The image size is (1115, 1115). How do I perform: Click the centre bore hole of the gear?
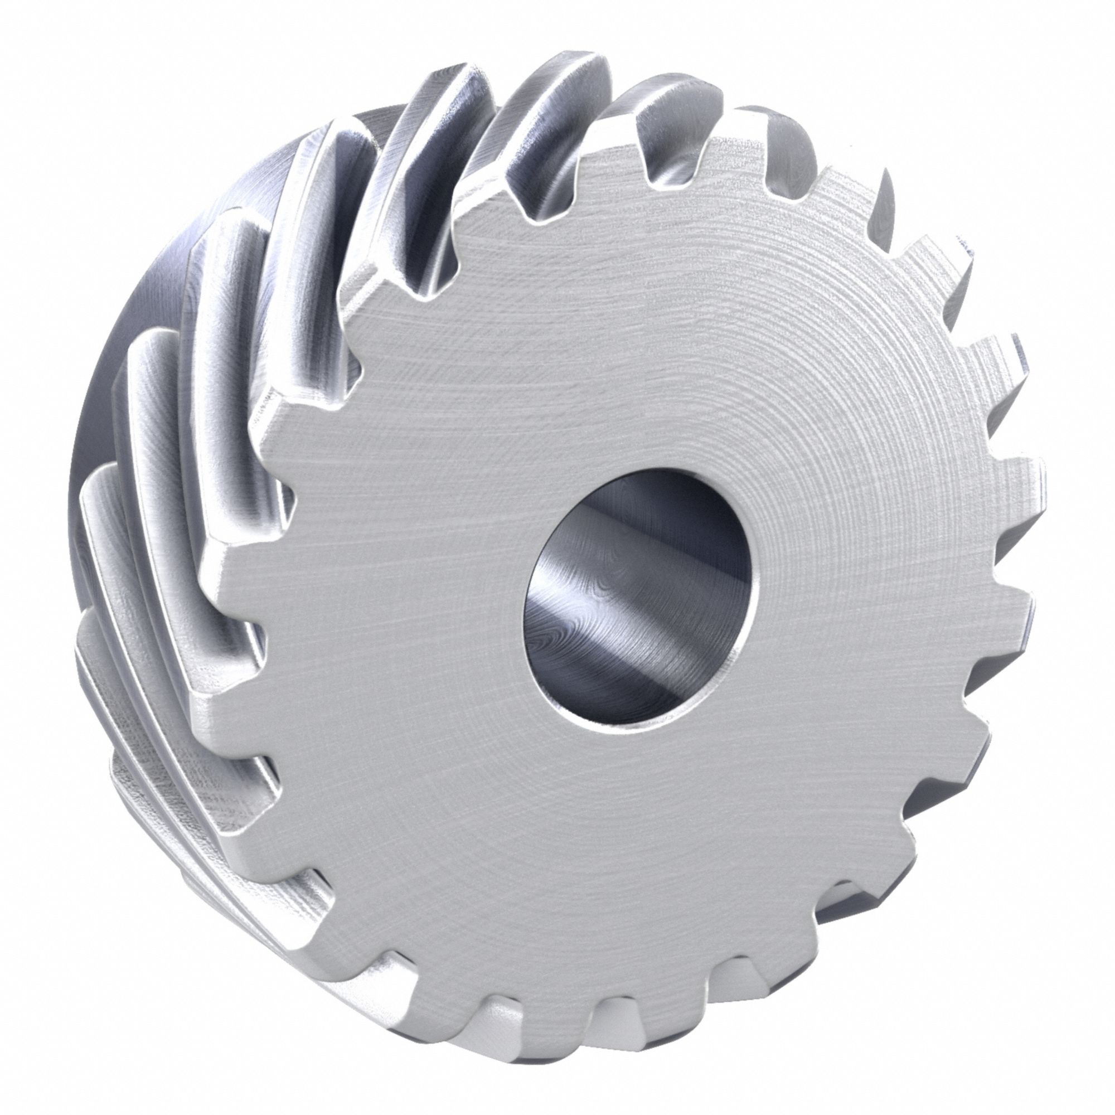638,600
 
